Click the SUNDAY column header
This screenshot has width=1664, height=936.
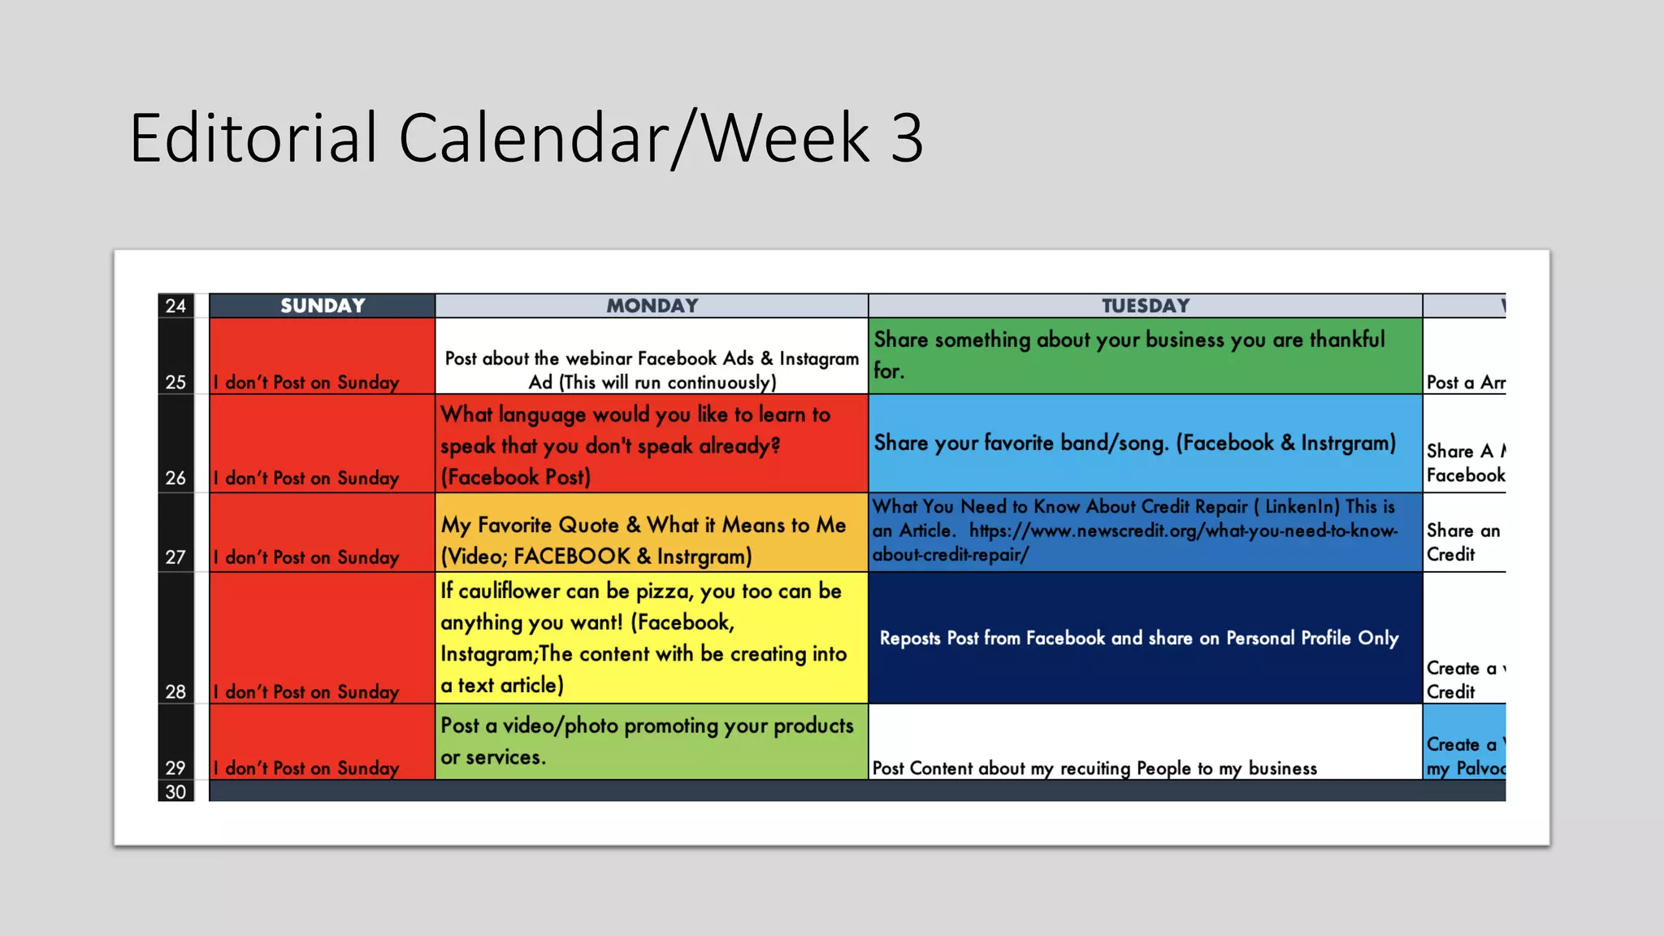[323, 305]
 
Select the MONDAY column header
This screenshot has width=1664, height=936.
[652, 305]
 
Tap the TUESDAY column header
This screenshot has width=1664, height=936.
[1145, 305]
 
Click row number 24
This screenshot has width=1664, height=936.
[175, 305]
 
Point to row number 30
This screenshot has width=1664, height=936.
[175, 791]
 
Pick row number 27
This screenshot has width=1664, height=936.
[175, 557]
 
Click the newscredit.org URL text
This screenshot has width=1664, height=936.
[1183, 531]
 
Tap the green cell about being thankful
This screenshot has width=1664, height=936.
[1145, 355]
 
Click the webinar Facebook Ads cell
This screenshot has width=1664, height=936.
[652, 370]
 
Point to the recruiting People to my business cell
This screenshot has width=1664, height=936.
[1094, 768]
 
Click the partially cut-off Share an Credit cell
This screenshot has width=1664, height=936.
[1462, 542]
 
